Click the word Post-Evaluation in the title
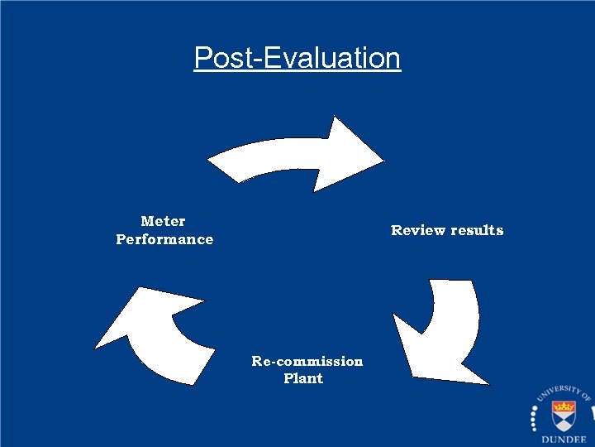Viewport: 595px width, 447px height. pos(297,58)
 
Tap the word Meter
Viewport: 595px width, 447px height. pos(164,221)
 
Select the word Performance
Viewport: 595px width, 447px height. pos(164,239)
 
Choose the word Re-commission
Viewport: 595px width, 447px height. pos(307,361)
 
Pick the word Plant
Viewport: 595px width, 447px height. pos(303,378)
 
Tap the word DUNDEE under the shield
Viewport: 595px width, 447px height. pos(565,440)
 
